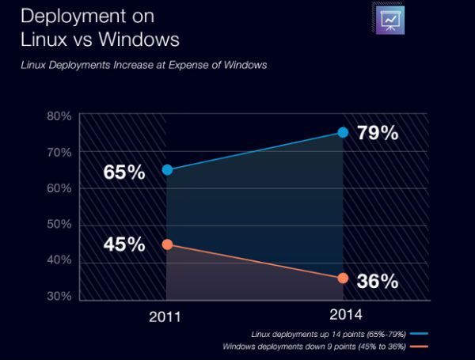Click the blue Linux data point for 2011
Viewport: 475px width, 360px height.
pos(167,169)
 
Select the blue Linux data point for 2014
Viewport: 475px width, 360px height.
pos(343,132)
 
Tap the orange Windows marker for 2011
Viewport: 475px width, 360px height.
pos(167,244)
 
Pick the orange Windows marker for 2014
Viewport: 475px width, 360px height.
pos(343,278)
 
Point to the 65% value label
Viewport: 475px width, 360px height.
pos(124,172)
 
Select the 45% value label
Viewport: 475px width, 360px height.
pos(124,244)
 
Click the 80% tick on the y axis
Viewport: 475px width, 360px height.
pos(59,116)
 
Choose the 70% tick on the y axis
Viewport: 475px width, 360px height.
pos(59,152)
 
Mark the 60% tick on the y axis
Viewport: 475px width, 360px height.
pos(59,188)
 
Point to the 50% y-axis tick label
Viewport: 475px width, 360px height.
pos(59,225)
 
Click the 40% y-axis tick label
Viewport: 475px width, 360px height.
pos(59,260)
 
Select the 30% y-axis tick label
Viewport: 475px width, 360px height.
pos(59,297)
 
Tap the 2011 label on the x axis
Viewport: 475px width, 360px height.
pos(166,317)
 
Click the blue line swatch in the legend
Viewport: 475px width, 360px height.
pos(419,335)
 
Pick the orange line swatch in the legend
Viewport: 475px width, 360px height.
pos(419,347)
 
